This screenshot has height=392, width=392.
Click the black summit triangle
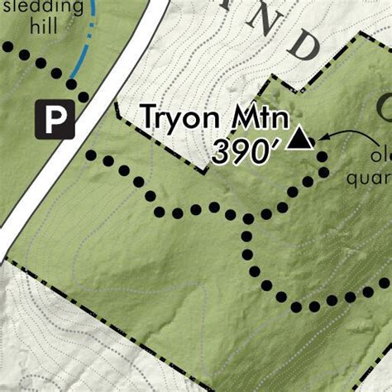[x=302, y=137]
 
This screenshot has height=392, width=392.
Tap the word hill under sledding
[x=44, y=27]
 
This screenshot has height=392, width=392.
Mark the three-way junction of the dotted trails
[x=246, y=219]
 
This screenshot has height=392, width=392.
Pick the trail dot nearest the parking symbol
[x=72, y=84]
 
